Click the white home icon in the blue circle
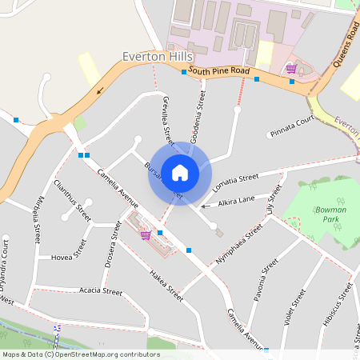(180, 173)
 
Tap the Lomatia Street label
(236, 182)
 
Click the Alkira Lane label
(235, 200)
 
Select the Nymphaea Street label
(239, 244)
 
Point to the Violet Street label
(294, 309)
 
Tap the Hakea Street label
(166, 285)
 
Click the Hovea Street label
(68, 255)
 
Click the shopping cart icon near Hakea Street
(146, 234)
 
